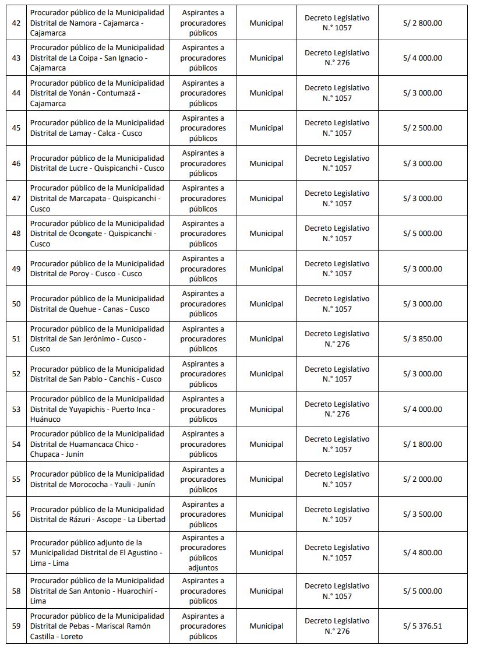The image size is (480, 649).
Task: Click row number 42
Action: [x=16, y=23]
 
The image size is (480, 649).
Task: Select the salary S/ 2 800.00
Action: [x=422, y=23]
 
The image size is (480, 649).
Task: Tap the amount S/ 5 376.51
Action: [x=422, y=626]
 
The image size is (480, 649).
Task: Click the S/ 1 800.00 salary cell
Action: [x=422, y=445]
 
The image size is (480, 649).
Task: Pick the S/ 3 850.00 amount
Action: [x=422, y=339]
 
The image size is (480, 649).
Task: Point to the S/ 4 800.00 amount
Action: [x=422, y=553]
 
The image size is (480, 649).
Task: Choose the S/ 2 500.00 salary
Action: [x=422, y=128]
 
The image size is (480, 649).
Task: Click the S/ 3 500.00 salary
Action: [x=422, y=514]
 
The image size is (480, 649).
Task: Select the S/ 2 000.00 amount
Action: [x=422, y=479]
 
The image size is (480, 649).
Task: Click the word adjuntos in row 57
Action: [x=203, y=568]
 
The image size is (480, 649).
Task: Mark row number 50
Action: [x=16, y=304]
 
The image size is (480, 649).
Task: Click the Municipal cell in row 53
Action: [x=266, y=410]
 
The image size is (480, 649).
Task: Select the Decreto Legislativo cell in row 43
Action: [x=337, y=58]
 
